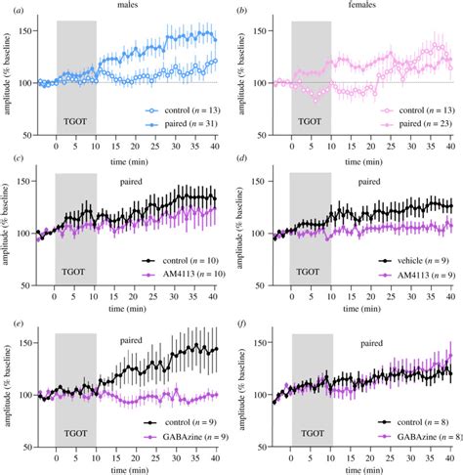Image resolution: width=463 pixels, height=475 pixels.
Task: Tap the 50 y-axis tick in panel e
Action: click(28, 453)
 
